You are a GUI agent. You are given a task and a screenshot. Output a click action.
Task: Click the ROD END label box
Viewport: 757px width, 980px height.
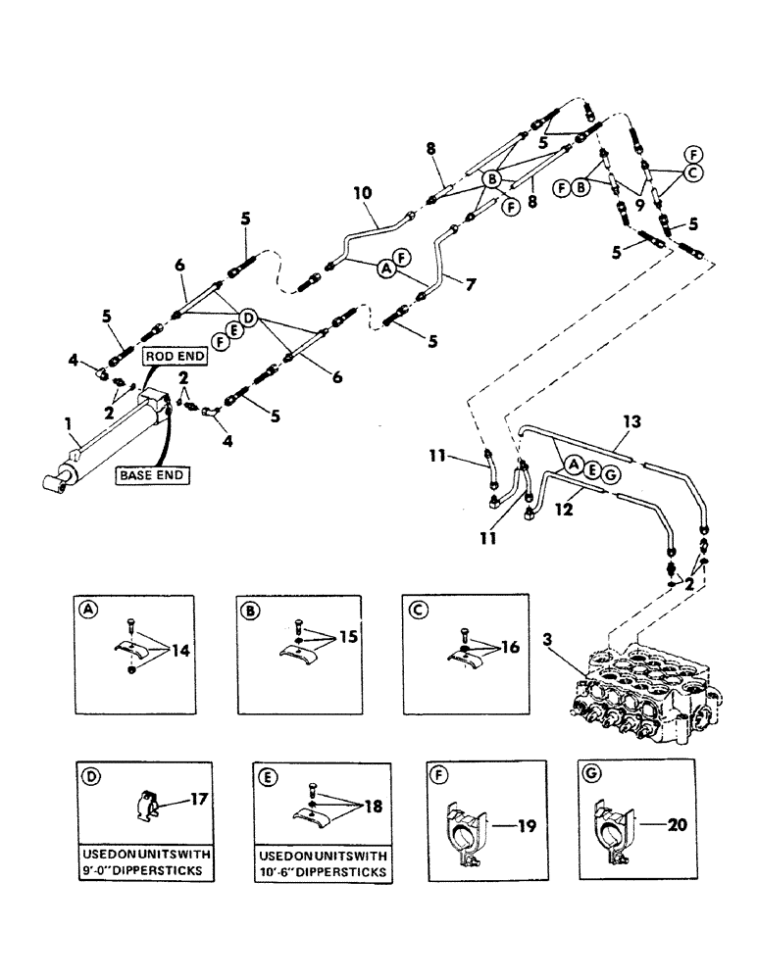[x=173, y=357]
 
